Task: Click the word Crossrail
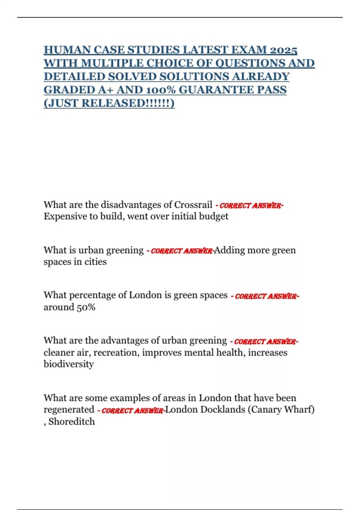[x=193, y=205]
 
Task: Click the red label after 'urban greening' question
[x=182, y=251]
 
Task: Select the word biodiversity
[x=69, y=364]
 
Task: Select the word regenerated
[x=69, y=409]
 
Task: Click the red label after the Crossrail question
[x=251, y=205]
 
